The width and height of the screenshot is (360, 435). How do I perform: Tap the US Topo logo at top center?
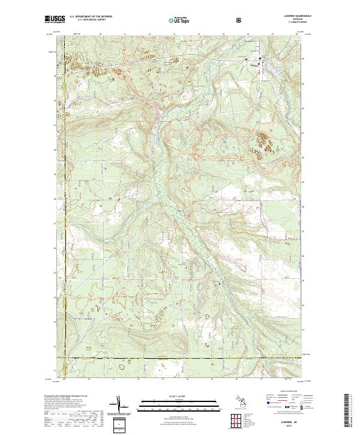(179, 20)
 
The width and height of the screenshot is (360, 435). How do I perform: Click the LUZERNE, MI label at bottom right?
(289, 422)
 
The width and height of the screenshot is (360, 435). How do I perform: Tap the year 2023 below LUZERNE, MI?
(289, 427)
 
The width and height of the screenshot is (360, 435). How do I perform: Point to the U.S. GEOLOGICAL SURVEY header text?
(86, 21)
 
